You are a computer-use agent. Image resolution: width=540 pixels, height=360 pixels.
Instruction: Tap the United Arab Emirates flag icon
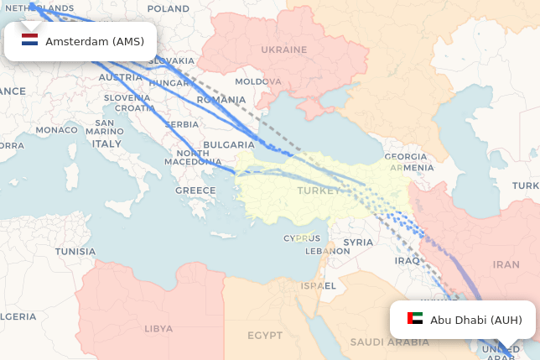click(415, 319)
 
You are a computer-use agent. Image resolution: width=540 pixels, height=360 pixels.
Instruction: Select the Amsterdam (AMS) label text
click(95, 41)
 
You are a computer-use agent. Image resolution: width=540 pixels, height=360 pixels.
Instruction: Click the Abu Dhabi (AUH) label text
click(476, 320)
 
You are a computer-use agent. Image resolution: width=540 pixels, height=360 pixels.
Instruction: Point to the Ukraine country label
click(283, 50)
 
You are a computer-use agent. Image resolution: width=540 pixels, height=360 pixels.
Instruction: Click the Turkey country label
click(319, 190)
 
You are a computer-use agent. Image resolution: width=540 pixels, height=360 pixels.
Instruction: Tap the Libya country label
click(158, 329)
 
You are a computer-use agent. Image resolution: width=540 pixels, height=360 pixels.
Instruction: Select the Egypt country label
click(265, 336)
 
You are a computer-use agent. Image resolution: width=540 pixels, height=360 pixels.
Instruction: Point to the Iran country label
click(506, 264)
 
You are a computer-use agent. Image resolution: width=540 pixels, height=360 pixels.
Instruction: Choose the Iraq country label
click(407, 260)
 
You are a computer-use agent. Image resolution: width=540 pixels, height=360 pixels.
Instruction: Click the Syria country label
click(358, 243)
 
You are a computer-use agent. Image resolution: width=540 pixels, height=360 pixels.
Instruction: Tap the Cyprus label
click(302, 237)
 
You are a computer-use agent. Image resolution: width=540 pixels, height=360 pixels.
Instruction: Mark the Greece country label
click(195, 190)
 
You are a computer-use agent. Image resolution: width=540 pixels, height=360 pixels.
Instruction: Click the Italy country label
click(106, 143)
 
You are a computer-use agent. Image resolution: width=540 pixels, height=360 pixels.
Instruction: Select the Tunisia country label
click(75, 251)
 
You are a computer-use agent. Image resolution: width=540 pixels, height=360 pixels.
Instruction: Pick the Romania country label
click(221, 100)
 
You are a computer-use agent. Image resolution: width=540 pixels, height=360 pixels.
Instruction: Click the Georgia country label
click(406, 157)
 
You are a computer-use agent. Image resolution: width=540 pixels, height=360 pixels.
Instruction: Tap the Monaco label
click(56, 130)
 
